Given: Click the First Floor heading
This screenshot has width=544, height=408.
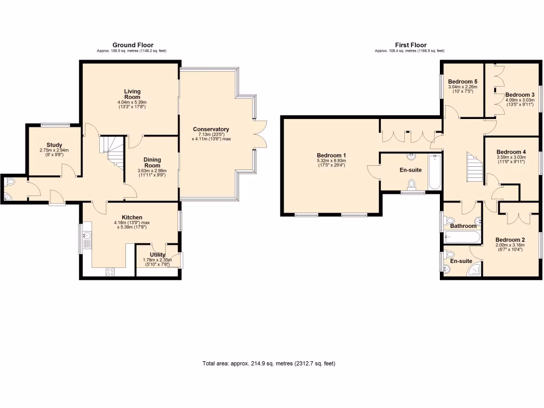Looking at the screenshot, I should point(410,45).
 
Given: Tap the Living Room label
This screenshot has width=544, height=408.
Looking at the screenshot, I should point(132,94).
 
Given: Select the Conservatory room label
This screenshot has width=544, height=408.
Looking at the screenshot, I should point(211,129).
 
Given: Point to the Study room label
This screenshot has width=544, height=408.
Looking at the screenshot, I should point(54,145).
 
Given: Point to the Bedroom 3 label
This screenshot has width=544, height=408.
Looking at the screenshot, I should point(520,95).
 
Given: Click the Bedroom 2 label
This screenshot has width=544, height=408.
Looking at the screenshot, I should point(510,240).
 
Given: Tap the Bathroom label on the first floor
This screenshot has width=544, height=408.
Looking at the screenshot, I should point(463,226).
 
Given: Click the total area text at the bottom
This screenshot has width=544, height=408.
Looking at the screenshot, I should point(269,364).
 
